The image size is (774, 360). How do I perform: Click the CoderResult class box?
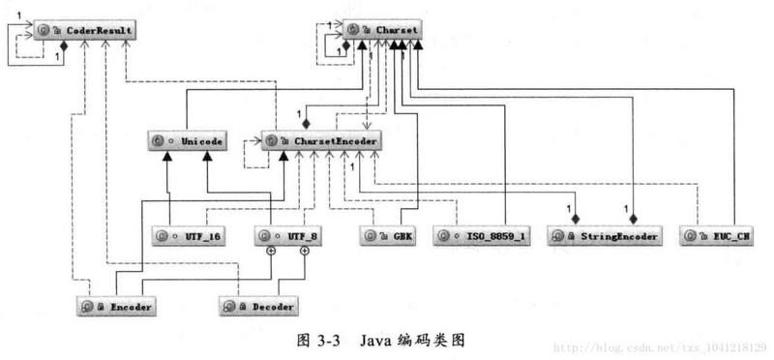(x=85, y=32)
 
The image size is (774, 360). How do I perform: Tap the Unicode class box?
(x=187, y=141)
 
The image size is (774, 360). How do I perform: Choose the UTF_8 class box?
(x=287, y=235)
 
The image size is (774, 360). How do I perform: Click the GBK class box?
(x=388, y=235)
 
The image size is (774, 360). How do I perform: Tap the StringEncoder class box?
(x=605, y=235)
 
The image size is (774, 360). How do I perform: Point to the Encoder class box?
(x=116, y=306)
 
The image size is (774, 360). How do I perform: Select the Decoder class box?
(x=257, y=306)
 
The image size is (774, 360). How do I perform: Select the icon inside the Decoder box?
(x=228, y=306)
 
